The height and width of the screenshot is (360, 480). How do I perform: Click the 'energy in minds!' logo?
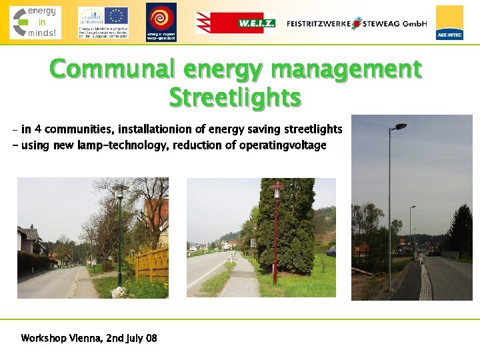(x=35, y=22)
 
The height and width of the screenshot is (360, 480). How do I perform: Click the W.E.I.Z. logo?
(x=235, y=23)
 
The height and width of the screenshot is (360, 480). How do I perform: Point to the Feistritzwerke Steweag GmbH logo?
(x=356, y=23)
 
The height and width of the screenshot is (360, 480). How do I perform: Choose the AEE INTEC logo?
(x=449, y=23)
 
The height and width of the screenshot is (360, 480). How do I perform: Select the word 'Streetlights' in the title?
(x=235, y=97)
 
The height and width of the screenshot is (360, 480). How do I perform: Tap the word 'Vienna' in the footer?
(x=83, y=338)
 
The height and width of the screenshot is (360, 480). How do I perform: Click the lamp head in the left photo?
(x=120, y=191)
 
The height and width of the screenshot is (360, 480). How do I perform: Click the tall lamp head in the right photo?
(x=400, y=125)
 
